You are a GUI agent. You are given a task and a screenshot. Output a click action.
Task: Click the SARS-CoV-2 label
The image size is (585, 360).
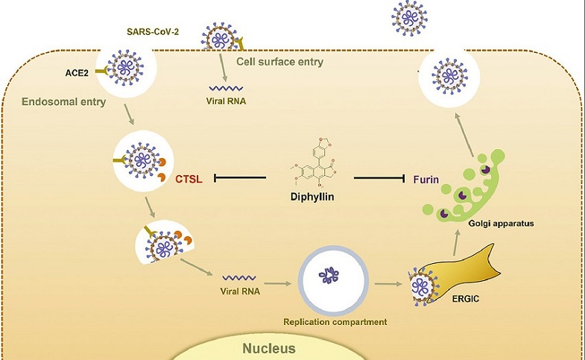[x=153, y=32]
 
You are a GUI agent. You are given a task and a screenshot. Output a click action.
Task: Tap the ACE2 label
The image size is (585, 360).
[x=77, y=73]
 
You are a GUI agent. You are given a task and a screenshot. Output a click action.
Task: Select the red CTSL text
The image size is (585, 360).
[x=189, y=180]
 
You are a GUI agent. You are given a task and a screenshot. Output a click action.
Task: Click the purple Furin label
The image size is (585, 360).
[x=426, y=180]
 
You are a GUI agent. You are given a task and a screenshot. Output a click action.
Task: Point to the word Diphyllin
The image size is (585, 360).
[x=312, y=196]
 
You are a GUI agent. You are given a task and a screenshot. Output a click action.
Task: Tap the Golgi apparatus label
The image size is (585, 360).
[x=501, y=224]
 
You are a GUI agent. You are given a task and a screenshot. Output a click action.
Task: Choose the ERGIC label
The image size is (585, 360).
[x=466, y=299]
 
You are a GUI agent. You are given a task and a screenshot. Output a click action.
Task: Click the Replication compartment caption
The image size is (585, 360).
[x=335, y=321]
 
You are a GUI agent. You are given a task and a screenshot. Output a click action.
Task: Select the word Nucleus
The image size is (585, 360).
[x=269, y=348]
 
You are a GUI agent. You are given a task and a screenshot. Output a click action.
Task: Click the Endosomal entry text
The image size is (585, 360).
[x=64, y=101]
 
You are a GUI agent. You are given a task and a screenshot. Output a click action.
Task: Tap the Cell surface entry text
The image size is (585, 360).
[x=279, y=62]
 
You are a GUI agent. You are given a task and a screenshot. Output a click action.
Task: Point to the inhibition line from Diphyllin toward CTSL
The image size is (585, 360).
[x=240, y=178]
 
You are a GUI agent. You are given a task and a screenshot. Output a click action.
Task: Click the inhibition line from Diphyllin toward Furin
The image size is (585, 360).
[x=379, y=178]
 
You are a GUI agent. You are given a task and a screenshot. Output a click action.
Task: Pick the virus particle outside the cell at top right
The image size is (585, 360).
[x=410, y=19]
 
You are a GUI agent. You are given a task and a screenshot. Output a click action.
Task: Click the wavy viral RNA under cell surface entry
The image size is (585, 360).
[x=226, y=89]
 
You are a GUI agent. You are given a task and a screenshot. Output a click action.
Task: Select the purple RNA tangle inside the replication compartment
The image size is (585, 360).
[x=329, y=275]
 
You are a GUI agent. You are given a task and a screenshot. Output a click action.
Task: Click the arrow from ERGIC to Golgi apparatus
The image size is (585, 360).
[x=456, y=242]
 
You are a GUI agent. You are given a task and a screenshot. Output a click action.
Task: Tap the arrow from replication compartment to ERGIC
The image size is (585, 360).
[x=388, y=284]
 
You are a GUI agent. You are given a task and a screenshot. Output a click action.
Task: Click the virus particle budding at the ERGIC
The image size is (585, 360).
[x=423, y=287]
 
